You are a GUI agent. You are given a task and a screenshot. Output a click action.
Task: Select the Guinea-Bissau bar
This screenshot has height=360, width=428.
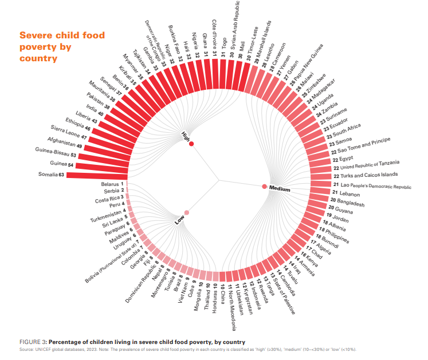click(103, 156)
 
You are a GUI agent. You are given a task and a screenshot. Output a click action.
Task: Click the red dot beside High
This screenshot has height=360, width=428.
click(191, 144)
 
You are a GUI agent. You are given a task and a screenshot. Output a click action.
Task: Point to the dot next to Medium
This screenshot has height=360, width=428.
click(264, 186)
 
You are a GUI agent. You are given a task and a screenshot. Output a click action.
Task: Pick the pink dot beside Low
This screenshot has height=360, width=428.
click(187, 212)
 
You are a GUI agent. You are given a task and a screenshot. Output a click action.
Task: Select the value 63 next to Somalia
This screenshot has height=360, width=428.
click(61, 175)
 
